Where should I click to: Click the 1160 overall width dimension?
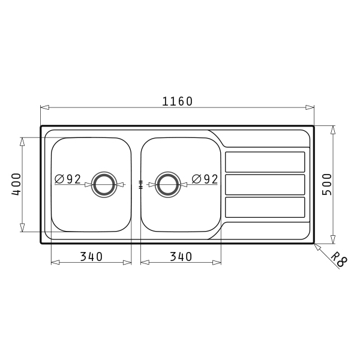[x=177, y=101]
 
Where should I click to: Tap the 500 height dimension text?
[x=327, y=184]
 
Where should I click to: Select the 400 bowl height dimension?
[x=16, y=184]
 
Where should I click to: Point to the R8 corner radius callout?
[x=340, y=259]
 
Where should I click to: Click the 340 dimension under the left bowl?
[x=91, y=257]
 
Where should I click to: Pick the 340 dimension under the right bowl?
[x=181, y=257]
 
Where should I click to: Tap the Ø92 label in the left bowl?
[x=68, y=179]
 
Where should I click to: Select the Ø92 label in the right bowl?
[x=205, y=179]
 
